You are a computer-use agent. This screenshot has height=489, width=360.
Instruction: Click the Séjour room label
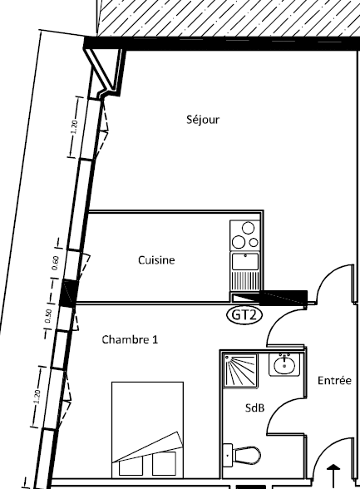tap(203, 120)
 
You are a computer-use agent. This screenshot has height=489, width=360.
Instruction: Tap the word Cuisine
tap(156, 260)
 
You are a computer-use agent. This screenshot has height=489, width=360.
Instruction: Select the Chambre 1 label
tap(130, 339)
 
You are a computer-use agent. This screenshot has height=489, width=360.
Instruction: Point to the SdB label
tap(255, 407)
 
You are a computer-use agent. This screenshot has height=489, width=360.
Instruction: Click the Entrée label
tap(334, 381)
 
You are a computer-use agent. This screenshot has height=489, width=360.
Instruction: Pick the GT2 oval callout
tap(244, 315)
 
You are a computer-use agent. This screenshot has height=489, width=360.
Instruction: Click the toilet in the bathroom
tap(242, 454)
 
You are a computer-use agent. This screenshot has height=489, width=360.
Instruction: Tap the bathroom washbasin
tap(284, 364)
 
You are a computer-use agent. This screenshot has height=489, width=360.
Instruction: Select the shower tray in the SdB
tap(241, 371)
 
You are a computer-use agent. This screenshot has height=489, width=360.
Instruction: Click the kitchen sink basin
tap(245, 261)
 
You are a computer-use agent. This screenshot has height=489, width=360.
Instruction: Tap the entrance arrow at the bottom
tap(334, 477)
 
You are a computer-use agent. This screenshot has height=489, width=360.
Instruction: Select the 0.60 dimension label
tap(56, 263)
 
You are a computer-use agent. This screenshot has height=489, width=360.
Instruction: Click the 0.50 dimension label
tap(48, 316)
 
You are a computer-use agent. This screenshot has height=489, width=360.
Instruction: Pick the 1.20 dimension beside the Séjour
tap(74, 127)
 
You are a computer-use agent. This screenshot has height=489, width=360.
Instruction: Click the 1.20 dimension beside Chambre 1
tap(37, 397)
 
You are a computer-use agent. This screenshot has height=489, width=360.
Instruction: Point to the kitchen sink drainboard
tap(245, 280)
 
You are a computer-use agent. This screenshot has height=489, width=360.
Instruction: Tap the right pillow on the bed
tap(164, 463)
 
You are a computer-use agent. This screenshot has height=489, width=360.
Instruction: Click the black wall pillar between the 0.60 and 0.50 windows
tap(68, 293)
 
